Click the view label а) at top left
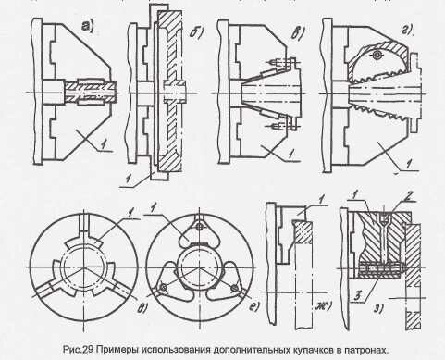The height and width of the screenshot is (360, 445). [x=87, y=26]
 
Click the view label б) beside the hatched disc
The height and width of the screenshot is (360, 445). [x=196, y=32]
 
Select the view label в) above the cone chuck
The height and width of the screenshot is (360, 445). [x=298, y=32]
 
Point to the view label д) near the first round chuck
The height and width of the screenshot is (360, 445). [x=143, y=307]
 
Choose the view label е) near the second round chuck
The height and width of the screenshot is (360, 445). [x=254, y=306]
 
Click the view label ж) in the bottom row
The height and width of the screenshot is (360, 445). [x=323, y=306]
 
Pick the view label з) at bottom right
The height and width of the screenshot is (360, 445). [x=379, y=308]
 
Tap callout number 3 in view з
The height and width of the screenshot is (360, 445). [x=357, y=296]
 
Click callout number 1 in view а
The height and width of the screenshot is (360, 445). [x=104, y=143]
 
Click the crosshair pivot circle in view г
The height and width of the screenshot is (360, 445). [x=377, y=56]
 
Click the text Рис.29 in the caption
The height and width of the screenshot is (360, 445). [x=78, y=350]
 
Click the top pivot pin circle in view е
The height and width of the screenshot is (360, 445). [x=200, y=227]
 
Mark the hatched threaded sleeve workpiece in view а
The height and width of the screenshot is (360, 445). [x=91, y=92]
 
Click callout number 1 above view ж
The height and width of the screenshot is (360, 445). [x=322, y=200]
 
